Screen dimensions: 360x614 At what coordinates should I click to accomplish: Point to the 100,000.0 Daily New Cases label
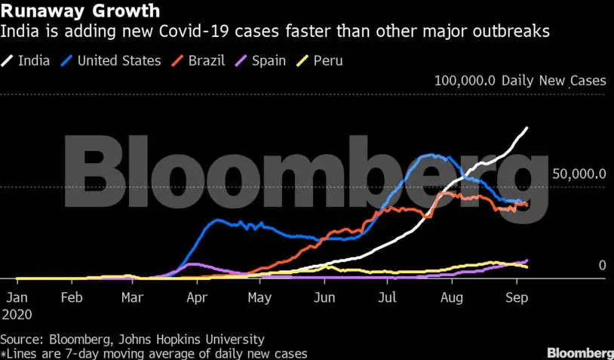[x=519, y=80]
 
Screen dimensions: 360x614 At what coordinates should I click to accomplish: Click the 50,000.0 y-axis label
[x=579, y=174]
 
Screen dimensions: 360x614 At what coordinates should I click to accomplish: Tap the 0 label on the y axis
[x=602, y=265]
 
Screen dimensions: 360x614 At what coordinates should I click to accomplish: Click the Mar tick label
[x=133, y=297]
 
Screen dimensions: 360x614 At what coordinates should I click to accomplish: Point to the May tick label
[x=259, y=297]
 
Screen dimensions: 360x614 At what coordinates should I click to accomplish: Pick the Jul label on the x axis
[x=388, y=297]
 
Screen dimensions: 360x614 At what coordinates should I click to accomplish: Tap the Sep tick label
[x=516, y=297]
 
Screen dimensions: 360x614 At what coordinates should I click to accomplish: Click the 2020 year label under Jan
[x=18, y=312]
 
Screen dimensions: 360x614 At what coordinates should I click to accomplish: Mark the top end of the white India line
[x=527, y=128]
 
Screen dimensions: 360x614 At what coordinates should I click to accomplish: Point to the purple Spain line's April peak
[x=194, y=264]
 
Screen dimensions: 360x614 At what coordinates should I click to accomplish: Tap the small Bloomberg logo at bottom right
[x=580, y=352]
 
